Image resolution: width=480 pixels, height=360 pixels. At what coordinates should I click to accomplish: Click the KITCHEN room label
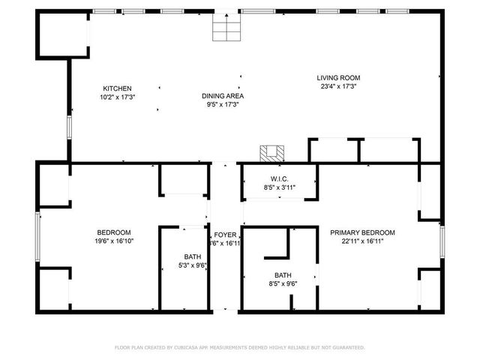[x=117, y=88]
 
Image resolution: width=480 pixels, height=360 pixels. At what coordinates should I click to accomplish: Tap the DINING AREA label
[x=223, y=96]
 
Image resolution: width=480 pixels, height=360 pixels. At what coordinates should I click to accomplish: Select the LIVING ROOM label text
[x=338, y=77]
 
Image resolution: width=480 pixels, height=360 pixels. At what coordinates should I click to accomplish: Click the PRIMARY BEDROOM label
[x=362, y=232]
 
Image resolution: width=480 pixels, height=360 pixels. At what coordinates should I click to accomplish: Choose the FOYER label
[x=225, y=235]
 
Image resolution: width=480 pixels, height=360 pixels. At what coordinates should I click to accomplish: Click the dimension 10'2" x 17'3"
[x=117, y=97]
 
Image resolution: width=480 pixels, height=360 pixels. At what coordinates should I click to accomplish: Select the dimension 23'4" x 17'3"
[x=338, y=86]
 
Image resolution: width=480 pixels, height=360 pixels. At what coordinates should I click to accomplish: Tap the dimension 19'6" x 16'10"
[x=114, y=241]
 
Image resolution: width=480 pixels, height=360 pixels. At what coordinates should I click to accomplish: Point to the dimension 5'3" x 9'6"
[x=193, y=265]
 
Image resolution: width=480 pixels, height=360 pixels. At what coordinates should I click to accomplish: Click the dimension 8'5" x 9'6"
[x=283, y=283]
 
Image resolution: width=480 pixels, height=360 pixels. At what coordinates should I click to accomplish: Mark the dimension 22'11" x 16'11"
[x=362, y=241]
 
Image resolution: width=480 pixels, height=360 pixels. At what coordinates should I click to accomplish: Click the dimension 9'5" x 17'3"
[x=223, y=105]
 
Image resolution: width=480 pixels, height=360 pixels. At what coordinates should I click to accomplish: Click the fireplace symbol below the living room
[x=271, y=153]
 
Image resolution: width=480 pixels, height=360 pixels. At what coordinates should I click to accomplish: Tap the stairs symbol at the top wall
[x=223, y=28]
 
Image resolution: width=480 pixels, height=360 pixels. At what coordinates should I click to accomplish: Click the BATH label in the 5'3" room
[x=193, y=256]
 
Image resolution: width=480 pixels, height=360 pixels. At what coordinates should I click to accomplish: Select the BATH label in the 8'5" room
[x=283, y=275]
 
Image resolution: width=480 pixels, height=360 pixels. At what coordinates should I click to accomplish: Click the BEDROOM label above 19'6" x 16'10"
[x=114, y=232]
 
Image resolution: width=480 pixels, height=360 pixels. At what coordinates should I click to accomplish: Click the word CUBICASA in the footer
[x=192, y=347]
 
